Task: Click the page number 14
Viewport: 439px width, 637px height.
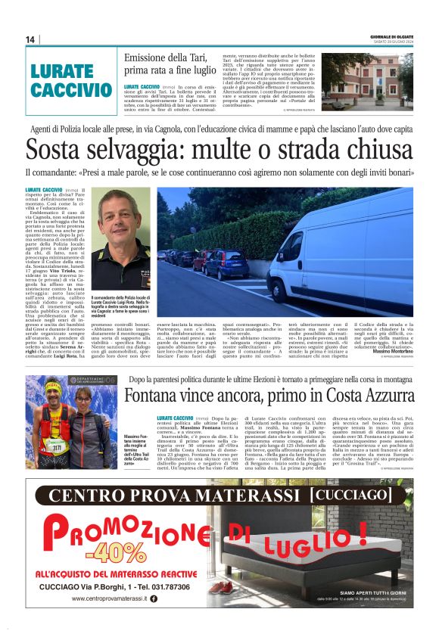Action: pos(31,39)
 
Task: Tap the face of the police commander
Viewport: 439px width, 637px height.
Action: pos(114,220)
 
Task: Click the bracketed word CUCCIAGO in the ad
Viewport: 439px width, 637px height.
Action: pos(362,496)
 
